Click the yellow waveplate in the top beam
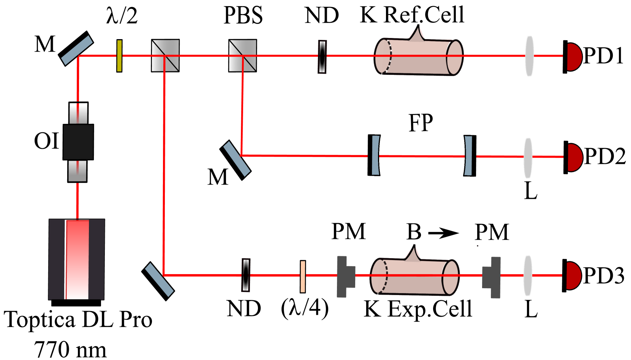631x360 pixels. coord(119,56)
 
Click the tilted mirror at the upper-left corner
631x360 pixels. coord(77,51)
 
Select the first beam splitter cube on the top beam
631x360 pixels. coord(166,56)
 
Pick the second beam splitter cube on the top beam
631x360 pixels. coord(243,56)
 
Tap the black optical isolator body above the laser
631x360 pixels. coord(78,142)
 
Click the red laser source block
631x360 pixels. coord(77,259)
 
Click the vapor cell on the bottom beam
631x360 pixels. coord(414,276)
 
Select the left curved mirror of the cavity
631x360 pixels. coord(375,155)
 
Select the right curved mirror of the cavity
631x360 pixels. coord(468,156)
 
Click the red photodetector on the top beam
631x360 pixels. coord(574,57)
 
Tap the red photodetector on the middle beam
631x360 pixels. coord(574,158)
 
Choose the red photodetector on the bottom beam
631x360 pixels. coord(573,276)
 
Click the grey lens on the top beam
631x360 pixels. coord(530,56)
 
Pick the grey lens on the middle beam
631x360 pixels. coord(528,158)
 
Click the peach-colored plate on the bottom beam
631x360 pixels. coord(303,276)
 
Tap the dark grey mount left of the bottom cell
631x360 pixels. coord(345,276)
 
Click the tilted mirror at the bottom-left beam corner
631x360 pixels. coord(159,280)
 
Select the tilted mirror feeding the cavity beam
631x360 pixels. coord(237,159)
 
